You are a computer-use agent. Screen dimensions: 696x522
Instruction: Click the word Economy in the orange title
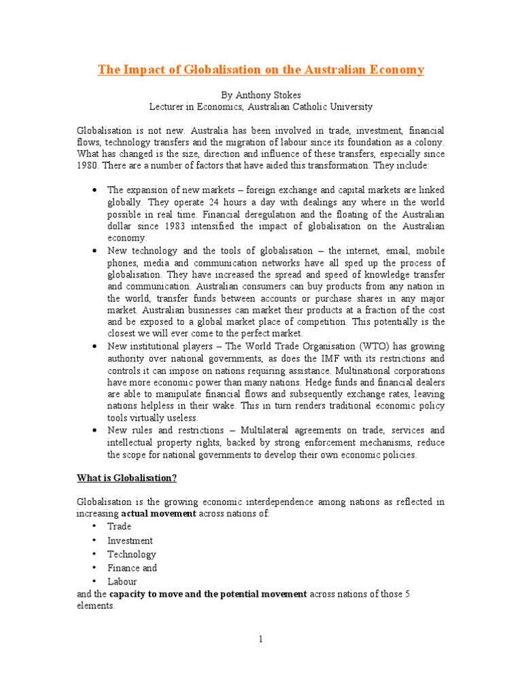(397, 70)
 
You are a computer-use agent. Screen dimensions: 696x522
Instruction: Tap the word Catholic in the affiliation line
(305, 107)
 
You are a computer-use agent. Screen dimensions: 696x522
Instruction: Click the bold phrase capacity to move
(143, 593)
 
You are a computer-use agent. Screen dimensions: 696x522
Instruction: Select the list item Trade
(119, 526)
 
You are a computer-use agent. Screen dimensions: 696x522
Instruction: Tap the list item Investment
(130, 540)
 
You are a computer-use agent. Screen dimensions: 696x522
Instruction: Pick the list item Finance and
(132, 568)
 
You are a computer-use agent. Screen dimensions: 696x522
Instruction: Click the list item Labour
(122, 581)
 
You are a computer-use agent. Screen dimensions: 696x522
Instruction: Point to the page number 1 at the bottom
(261, 639)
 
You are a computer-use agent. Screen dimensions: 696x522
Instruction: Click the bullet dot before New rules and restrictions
(93, 431)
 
